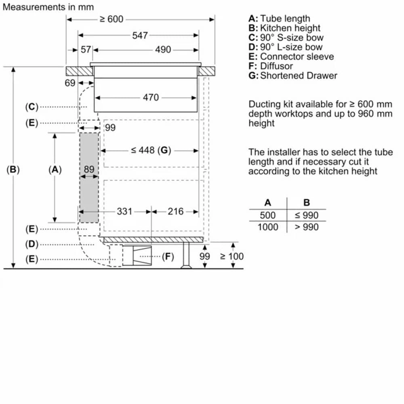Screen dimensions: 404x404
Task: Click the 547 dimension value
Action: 140,36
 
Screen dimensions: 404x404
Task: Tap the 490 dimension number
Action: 163,50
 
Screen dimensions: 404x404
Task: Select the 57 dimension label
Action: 86,50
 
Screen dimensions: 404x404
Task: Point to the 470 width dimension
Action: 151,97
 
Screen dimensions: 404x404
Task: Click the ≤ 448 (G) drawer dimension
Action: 149,150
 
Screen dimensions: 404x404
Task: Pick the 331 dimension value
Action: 124,211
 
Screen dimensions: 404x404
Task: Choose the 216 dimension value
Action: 175,211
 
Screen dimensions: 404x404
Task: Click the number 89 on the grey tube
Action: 89,170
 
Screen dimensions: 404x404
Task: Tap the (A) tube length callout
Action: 55,170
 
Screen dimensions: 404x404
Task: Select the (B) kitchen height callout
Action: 13,170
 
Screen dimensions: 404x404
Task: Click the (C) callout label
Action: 32,107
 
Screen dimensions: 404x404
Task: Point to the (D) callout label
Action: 32,244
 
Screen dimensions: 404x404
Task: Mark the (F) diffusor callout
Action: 168,256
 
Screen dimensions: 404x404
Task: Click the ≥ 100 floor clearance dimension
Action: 231,257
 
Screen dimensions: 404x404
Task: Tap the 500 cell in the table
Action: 268,215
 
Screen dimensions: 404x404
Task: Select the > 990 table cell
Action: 306,227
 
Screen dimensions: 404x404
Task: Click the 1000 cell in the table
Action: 268,227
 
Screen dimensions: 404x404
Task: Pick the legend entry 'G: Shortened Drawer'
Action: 293,76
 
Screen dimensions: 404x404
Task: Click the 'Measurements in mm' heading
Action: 48,7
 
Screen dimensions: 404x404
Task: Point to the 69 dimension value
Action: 70,83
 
